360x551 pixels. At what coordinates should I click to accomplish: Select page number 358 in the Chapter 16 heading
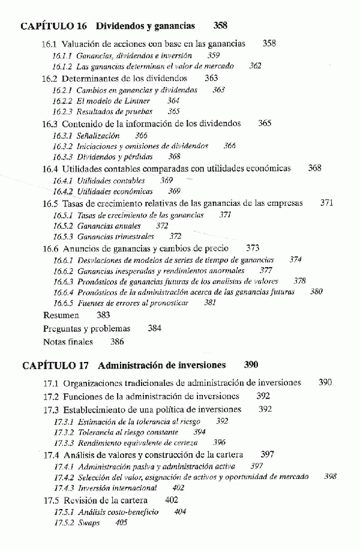pyautogui.click(x=220, y=26)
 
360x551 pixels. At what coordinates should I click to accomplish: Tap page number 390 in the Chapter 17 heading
pyautogui.click(x=252, y=365)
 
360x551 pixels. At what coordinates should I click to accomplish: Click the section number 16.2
pyautogui.click(x=50, y=79)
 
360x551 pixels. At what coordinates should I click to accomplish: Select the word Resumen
pyautogui.click(x=61, y=315)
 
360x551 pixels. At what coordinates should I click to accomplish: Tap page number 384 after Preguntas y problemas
pyautogui.click(x=155, y=329)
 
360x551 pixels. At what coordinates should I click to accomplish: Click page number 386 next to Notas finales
pyautogui.click(x=117, y=342)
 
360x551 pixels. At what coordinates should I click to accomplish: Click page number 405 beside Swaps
pyautogui.click(x=122, y=522)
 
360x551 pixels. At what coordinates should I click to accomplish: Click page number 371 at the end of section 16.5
pyautogui.click(x=327, y=203)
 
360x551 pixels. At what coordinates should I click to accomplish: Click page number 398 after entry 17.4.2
pyautogui.click(x=331, y=477)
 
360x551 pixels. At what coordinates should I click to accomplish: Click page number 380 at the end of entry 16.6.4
pyautogui.click(x=316, y=292)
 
